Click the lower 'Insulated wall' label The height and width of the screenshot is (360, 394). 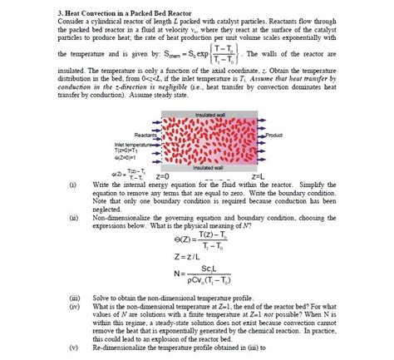(x=205, y=167)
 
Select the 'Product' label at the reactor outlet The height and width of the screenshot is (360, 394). (x=272, y=134)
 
